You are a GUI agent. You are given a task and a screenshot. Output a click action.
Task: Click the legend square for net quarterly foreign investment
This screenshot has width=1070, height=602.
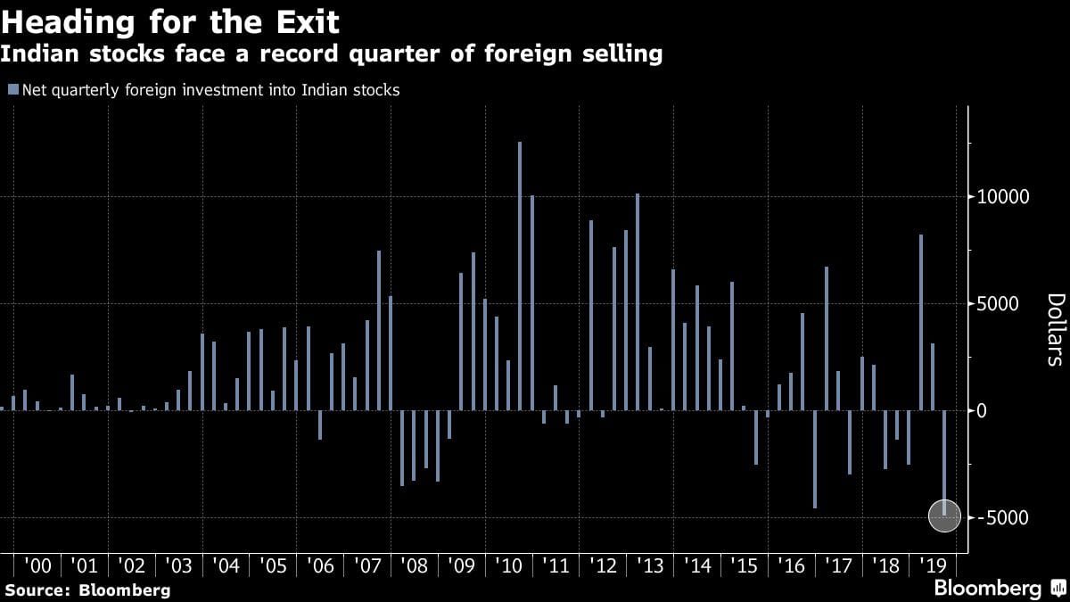pos(12,89)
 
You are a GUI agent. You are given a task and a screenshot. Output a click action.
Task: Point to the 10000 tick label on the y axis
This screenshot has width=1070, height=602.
pos(998,197)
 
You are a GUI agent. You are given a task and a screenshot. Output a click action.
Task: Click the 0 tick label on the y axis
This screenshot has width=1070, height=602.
pos(981,411)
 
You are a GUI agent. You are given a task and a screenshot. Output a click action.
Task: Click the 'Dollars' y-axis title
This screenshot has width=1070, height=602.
pos(1055,329)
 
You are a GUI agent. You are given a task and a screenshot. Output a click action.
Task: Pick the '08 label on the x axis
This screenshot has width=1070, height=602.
pos(414,565)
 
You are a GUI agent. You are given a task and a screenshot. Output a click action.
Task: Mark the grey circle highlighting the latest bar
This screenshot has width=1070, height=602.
pos(944,516)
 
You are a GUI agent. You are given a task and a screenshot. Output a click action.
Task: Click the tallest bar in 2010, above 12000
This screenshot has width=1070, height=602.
pos(520,276)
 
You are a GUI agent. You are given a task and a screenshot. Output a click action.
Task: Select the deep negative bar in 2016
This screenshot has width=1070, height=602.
pos(814,459)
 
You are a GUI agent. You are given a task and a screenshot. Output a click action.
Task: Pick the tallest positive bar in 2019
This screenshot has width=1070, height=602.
pos(921,322)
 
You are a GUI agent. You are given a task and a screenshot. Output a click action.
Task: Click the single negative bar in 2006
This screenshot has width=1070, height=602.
pos(320,425)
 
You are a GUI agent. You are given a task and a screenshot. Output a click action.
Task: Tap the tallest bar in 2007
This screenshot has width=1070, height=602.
pos(379,330)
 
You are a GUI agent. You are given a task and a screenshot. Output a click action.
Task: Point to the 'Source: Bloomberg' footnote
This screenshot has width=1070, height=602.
pos(87,590)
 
